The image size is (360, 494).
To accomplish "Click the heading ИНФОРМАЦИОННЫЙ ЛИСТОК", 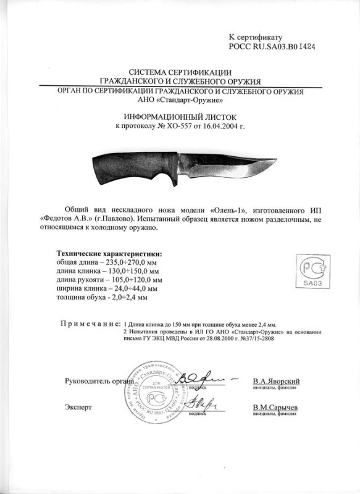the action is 179,116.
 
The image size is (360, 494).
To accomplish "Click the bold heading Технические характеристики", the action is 110,254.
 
